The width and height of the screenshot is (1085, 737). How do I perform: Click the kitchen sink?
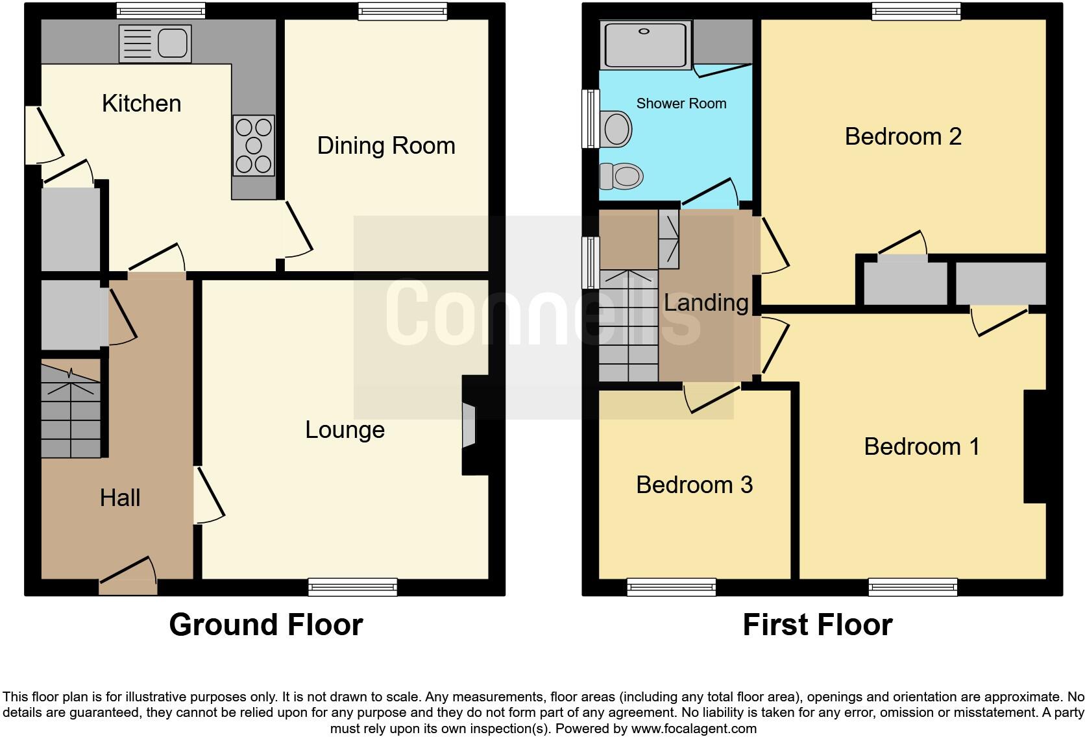(155, 43)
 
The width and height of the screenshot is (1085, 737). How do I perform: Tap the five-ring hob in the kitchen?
(254, 145)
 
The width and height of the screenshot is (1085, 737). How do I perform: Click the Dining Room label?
(386, 146)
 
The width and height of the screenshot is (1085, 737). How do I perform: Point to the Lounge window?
(352, 587)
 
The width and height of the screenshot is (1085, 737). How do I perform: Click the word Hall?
(120, 498)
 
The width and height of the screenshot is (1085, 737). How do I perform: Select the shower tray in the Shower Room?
(645, 44)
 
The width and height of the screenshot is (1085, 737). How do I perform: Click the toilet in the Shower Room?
(621, 175)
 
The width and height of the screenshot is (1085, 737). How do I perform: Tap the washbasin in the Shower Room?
(616, 128)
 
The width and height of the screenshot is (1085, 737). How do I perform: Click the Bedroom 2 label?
(903, 137)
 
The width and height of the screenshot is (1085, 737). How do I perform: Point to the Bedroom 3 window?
(672, 587)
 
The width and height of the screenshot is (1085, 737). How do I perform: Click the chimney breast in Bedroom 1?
(1034, 446)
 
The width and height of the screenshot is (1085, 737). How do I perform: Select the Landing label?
(706, 303)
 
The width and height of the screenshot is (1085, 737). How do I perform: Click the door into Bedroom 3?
(713, 396)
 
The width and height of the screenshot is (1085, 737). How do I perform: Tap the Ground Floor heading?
(265, 625)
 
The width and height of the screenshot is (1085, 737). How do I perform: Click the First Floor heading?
(817, 625)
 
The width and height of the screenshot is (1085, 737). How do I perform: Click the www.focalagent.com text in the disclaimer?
(693, 729)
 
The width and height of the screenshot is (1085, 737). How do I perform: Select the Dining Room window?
(402, 11)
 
